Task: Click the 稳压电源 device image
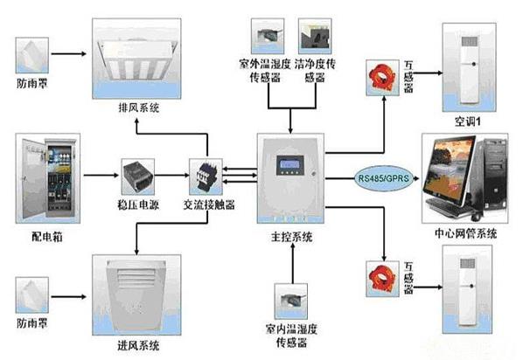140,171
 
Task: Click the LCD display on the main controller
289,163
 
